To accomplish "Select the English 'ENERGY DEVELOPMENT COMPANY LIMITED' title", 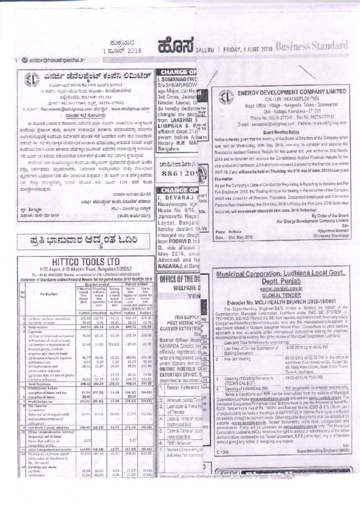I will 285,92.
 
